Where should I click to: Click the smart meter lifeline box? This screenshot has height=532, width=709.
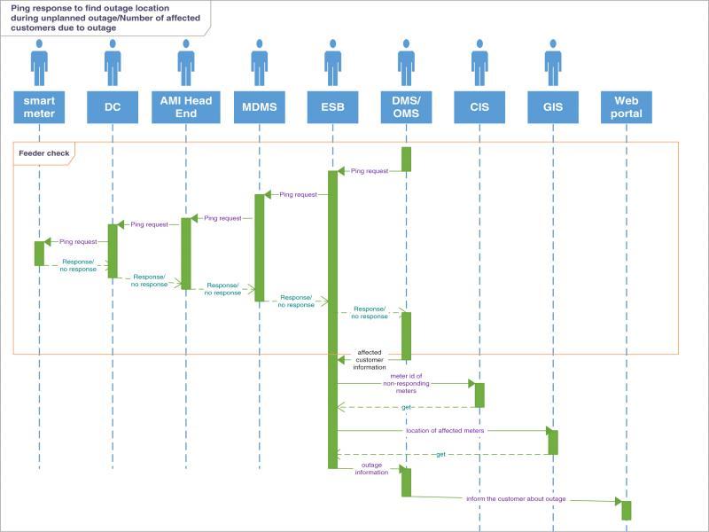39,107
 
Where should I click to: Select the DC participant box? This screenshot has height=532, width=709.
113,107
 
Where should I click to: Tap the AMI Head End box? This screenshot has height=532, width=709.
186,107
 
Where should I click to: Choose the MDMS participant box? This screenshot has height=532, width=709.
259,107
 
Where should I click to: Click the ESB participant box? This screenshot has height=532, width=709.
332,107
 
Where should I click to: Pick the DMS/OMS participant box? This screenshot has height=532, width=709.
406,107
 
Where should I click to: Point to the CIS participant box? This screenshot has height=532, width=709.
479,107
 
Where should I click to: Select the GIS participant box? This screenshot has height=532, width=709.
552,107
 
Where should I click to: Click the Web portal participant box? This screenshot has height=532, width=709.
626,107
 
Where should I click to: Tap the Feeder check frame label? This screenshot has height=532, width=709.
43,153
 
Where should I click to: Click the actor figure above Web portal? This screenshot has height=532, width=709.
626,62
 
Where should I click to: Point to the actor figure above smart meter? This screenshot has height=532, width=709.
39,62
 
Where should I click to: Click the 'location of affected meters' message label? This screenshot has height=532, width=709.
444,430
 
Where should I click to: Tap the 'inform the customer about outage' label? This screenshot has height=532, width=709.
516,499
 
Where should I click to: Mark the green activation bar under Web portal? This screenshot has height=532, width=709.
626,510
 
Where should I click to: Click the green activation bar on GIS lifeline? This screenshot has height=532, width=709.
552,442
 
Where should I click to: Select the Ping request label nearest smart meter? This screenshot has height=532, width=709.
78,241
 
